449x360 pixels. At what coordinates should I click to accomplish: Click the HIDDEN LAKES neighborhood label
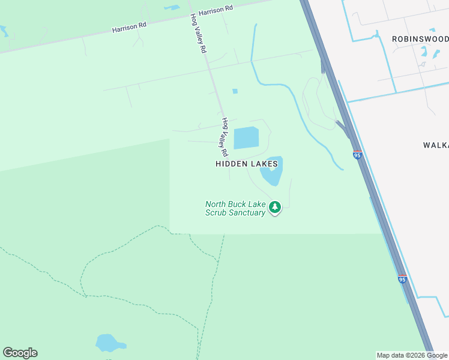pyautogui.click(x=247, y=164)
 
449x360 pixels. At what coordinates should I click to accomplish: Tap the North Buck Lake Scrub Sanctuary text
pyautogui.click(x=235, y=208)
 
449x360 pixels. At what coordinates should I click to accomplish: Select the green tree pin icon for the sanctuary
pyautogui.click(x=275, y=208)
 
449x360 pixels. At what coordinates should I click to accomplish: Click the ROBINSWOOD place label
pyautogui.click(x=420, y=38)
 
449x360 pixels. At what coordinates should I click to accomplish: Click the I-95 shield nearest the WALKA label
pyautogui.click(x=357, y=155)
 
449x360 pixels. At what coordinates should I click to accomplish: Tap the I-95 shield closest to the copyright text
pyautogui.click(x=402, y=279)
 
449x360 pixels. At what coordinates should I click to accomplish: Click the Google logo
pyautogui.click(x=20, y=353)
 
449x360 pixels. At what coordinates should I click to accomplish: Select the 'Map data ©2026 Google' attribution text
pyautogui.click(x=412, y=355)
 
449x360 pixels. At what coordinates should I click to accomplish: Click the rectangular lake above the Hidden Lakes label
pyautogui.click(x=246, y=138)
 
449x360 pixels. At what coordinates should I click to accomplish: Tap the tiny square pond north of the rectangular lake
pyautogui.click(x=235, y=91)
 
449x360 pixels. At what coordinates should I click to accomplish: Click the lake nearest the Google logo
pyautogui.click(x=109, y=343)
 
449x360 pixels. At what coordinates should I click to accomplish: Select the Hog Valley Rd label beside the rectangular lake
pyautogui.click(x=224, y=133)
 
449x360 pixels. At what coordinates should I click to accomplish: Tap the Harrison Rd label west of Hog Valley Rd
pyautogui.click(x=129, y=28)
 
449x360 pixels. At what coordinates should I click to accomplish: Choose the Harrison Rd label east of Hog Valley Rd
pyautogui.click(x=215, y=10)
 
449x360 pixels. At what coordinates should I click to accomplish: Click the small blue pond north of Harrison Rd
pyautogui.click(x=172, y=8)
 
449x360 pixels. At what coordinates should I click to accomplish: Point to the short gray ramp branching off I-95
pyautogui.click(x=343, y=128)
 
